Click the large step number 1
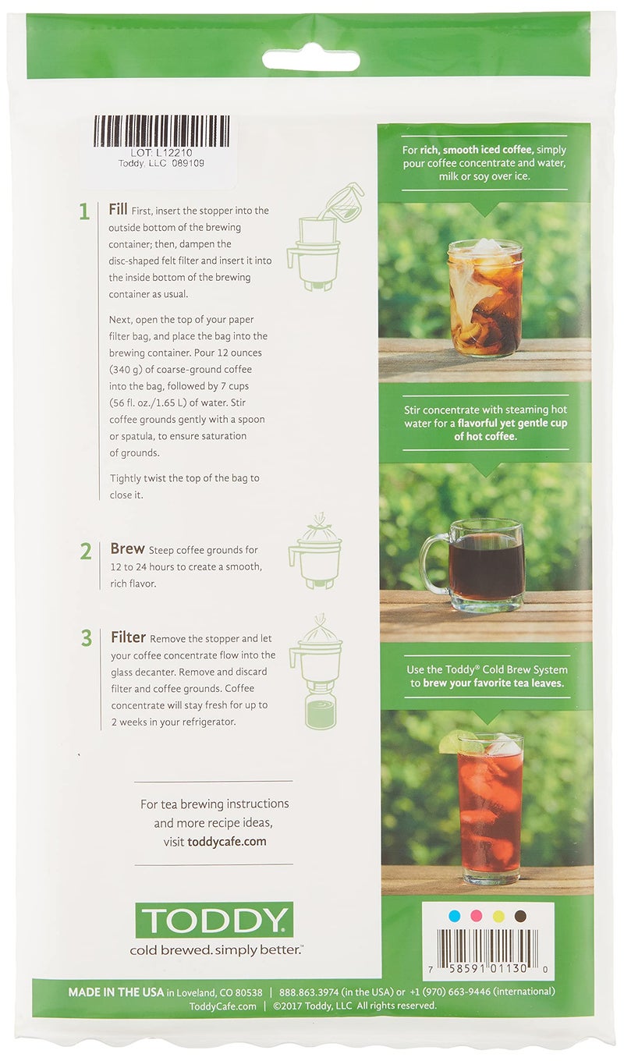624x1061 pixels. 83,212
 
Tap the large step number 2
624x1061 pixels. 86,552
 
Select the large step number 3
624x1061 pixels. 86,639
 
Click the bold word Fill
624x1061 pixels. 121,210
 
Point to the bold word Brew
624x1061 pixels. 127,549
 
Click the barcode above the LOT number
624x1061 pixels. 161,131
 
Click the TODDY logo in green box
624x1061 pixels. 214,920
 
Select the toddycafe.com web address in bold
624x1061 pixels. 227,842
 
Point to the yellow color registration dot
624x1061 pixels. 498,915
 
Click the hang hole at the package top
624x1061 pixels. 310,59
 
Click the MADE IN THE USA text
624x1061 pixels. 116,992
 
